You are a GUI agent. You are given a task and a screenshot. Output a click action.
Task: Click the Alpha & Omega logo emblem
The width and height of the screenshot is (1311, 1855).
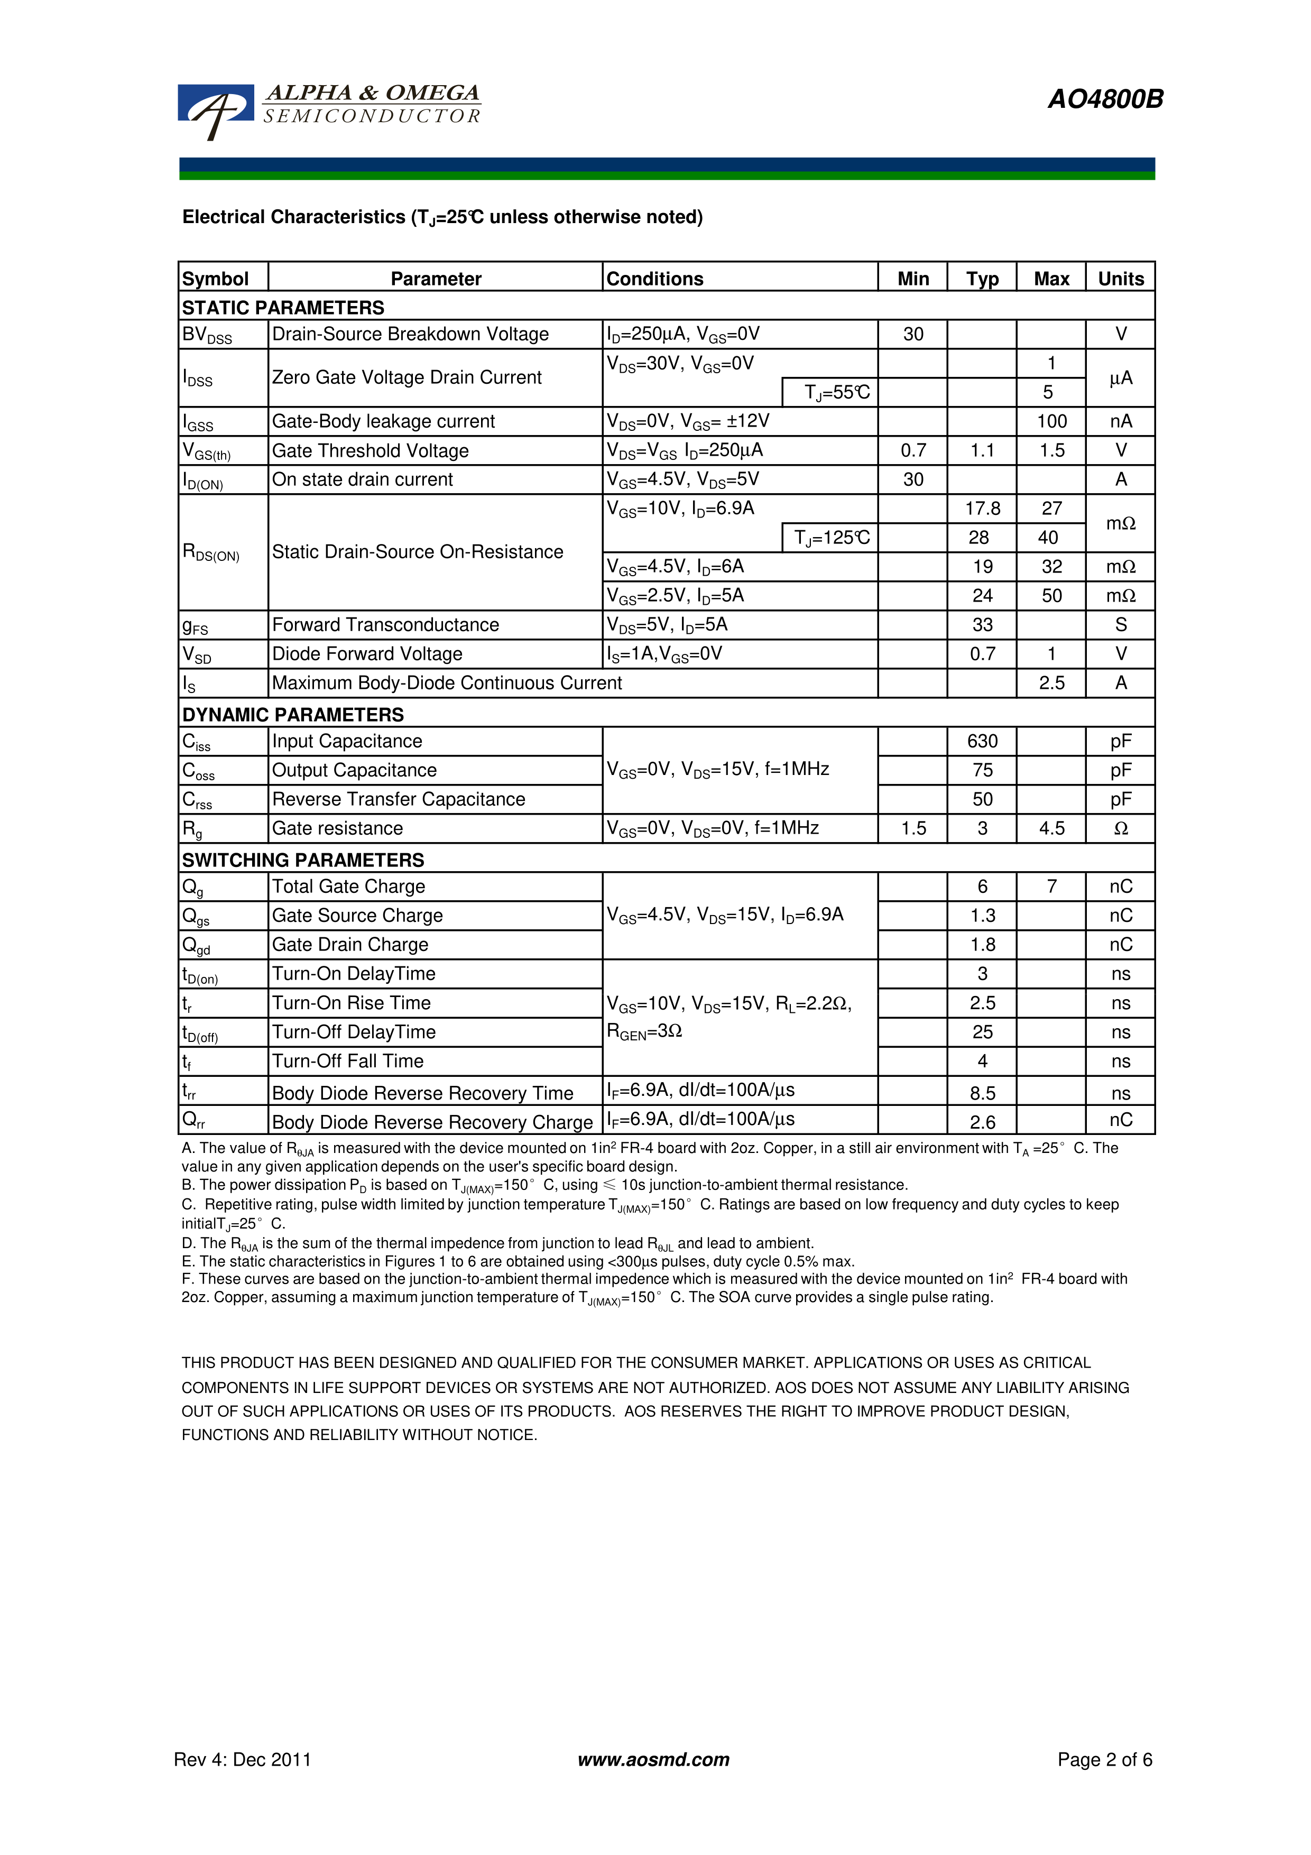pyautogui.click(x=215, y=110)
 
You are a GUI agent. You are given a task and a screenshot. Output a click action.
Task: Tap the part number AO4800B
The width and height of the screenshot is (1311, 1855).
pyautogui.click(x=1105, y=99)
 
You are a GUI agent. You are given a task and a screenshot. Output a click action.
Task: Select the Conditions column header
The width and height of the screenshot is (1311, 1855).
pyautogui.click(x=654, y=279)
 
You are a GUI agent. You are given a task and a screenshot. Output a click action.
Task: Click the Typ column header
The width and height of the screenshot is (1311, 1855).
pyautogui.click(x=982, y=279)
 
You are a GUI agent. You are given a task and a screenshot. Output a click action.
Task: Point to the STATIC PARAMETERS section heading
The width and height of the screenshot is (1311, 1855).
pyautogui.click(x=283, y=308)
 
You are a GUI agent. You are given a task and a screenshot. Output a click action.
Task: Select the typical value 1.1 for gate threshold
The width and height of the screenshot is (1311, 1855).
pyautogui.click(x=982, y=450)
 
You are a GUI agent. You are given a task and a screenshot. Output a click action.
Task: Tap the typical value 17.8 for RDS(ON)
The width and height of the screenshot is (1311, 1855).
pyautogui.click(x=982, y=508)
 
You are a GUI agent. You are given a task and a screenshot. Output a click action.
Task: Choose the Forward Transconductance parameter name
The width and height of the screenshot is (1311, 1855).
pyautogui.click(x=385, y=624)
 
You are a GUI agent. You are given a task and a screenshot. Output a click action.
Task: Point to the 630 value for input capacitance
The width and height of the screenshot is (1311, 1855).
pyautogui.click(x=982, y=741)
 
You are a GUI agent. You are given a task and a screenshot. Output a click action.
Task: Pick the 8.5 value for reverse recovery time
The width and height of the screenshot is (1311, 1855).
pyautogui.click(x=982, y=1093)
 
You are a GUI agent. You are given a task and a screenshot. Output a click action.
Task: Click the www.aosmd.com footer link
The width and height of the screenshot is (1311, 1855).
pyautogui.click(x=653, y=1760)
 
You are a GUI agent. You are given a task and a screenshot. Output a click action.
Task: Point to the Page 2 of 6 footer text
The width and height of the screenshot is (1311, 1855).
pyautogui.click(x=1104, y=1760)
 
